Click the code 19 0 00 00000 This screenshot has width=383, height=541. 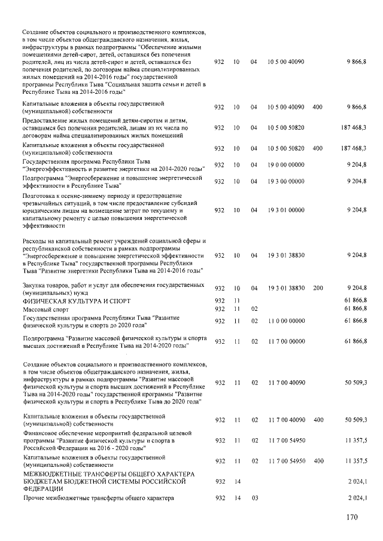287,165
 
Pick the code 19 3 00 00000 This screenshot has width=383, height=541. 287,181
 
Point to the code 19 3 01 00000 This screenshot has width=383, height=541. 287,210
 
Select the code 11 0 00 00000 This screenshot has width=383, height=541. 287,321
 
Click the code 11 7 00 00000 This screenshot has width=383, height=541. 287,341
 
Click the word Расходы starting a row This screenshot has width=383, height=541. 35,241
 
